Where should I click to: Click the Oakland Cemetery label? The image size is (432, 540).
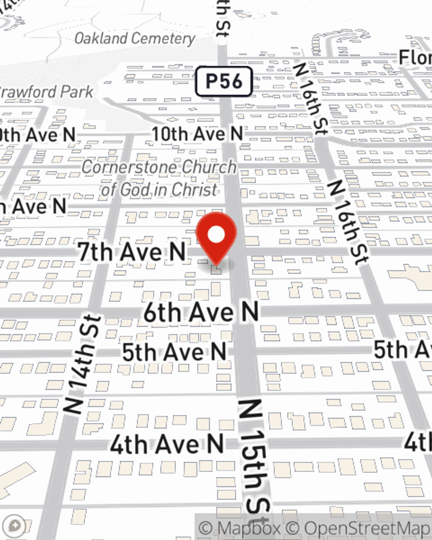[134, 38]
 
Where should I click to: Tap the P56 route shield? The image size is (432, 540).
[223, 81]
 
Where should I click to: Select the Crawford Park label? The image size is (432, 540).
[45, 92]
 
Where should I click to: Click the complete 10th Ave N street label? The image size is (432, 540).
[197, 134]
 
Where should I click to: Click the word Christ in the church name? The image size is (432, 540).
[195, 189]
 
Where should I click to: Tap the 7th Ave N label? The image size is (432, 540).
[132, 251]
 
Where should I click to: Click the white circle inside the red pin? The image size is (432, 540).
[216, 235]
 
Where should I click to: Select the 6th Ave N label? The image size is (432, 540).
[201, 312]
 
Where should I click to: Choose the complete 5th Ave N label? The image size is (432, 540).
[174, 352]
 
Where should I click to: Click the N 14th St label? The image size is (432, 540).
[82, 364]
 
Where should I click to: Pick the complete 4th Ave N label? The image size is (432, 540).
[167, 444]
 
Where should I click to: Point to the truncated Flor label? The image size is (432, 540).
[415, 57]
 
